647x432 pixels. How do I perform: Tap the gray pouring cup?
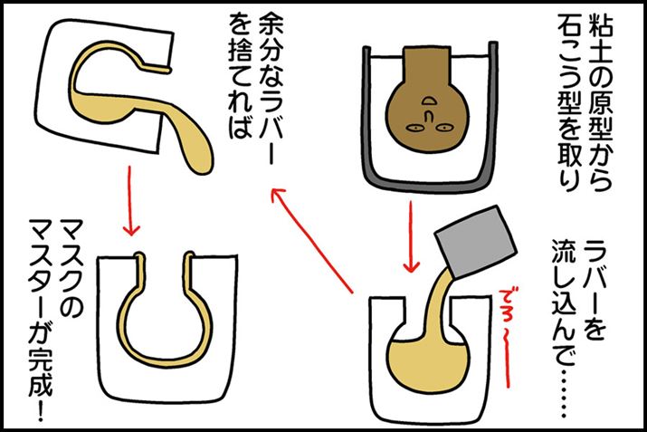point(476,241)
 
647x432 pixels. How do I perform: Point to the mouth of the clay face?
point(430,100)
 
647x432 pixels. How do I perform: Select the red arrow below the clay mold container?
point(411,236)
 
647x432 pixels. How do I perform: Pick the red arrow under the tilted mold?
point(131,201)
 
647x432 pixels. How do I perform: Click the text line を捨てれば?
point(240,77)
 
